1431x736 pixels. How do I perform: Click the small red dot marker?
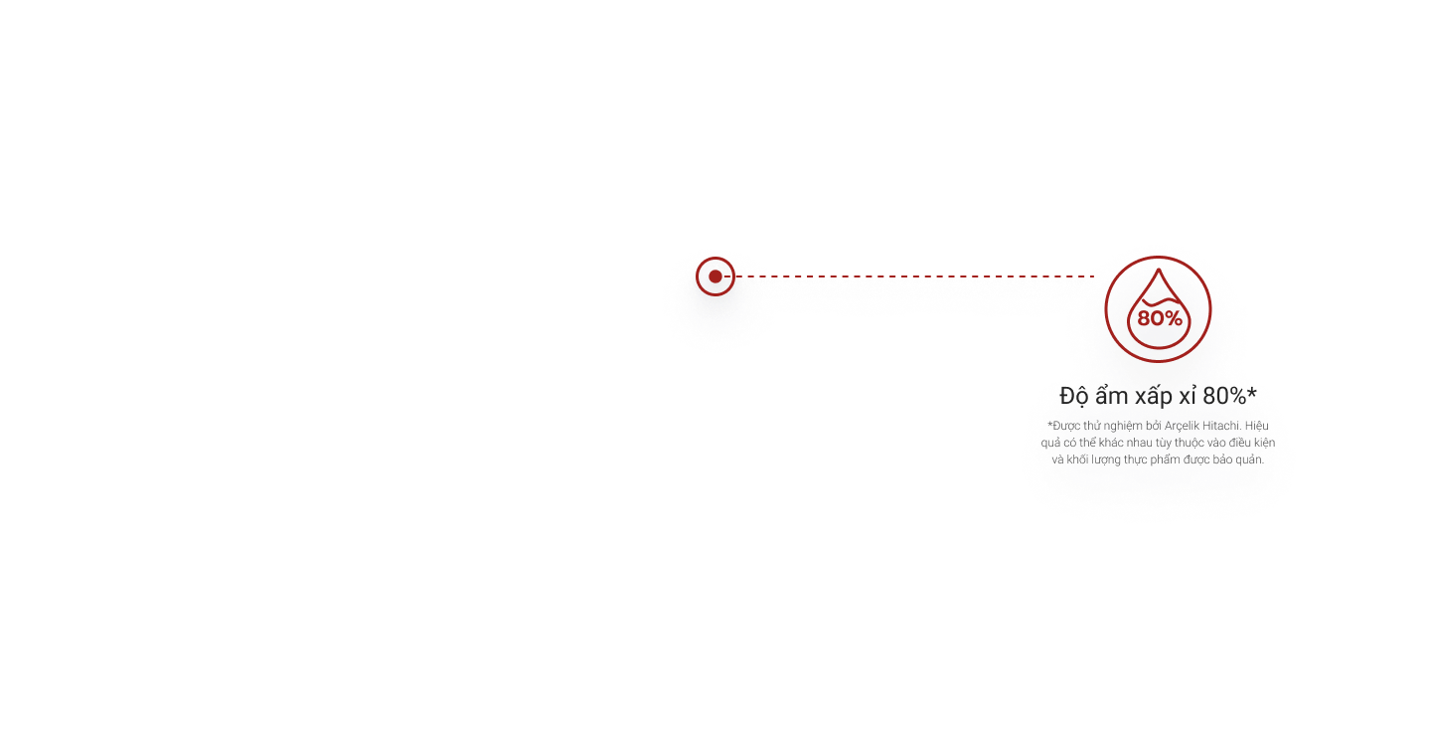pyautogui.click(x=715, y=276)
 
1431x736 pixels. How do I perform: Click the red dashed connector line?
pyautogui.click(x=914, y=277)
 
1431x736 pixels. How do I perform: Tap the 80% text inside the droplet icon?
pyautogui.click(x=1160, y=318)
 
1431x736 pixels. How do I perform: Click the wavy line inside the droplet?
pyautogui.click(x=1158, y=299)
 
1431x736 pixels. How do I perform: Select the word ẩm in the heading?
pyautogui.click(x=1113, y=395)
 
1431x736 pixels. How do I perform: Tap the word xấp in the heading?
pyautogui.click(x=1158, y=396)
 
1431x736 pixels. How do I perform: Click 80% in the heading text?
pyautogui.click(x=1232, y=395)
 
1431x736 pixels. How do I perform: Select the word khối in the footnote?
pyautogui.click(x=1080, y=460)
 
